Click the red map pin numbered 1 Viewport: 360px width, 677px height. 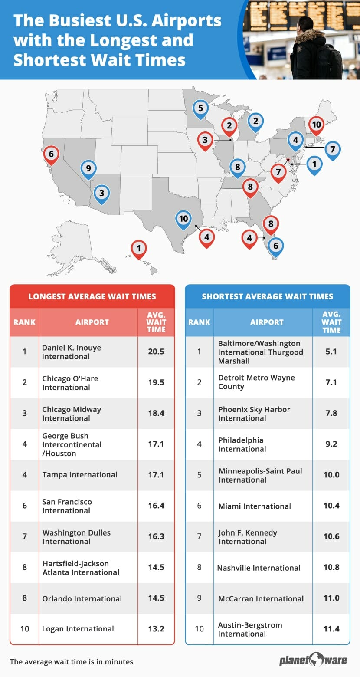[x=139, y=249]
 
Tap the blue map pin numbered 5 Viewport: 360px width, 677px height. [x=200, y=108]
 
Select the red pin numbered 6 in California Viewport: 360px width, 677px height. [x=51, y=154]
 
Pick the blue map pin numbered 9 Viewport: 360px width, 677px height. [x=88, y=168]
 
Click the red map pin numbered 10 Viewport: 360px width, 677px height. [x=317, y=125]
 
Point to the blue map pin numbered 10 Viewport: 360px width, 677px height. [x=183, y=219]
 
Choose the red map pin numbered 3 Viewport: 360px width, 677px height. [x=205, y=140]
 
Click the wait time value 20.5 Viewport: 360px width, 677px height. [x=156, y=352]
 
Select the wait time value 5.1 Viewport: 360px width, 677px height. [x=331, y=352]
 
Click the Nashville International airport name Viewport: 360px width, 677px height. [x=259, y=568]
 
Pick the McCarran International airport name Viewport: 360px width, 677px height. [x=261, y=598]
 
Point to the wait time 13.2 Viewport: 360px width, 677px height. [x=156, y=629]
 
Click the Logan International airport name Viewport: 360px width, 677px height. [x=78, y=629]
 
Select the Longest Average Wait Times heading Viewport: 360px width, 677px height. [x=92, y=297]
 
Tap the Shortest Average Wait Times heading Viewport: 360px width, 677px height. [x=268, y=297]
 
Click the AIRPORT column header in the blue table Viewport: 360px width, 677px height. [x=267, y=322]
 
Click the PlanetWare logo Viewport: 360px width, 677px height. [x=313, y=660]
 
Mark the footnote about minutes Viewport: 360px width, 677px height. [x=72, y=662]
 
